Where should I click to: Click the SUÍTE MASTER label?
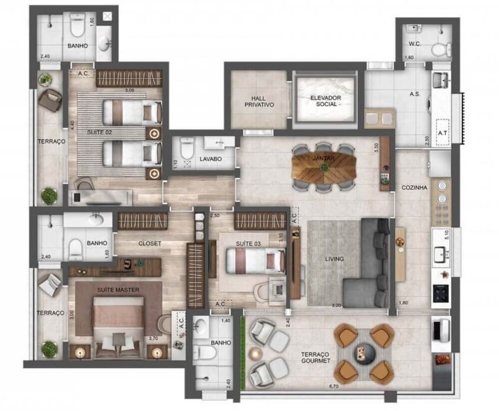pyautogui.click(x=118, y=289)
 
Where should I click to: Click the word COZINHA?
pyautogui.click(x=414, y=188)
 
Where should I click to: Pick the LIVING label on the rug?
pyautogui.click(x=334, y=259)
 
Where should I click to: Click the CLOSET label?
pyautogui.click(x=150, y=243)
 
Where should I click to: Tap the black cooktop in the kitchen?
pyautogui.click(x=442, y=293)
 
